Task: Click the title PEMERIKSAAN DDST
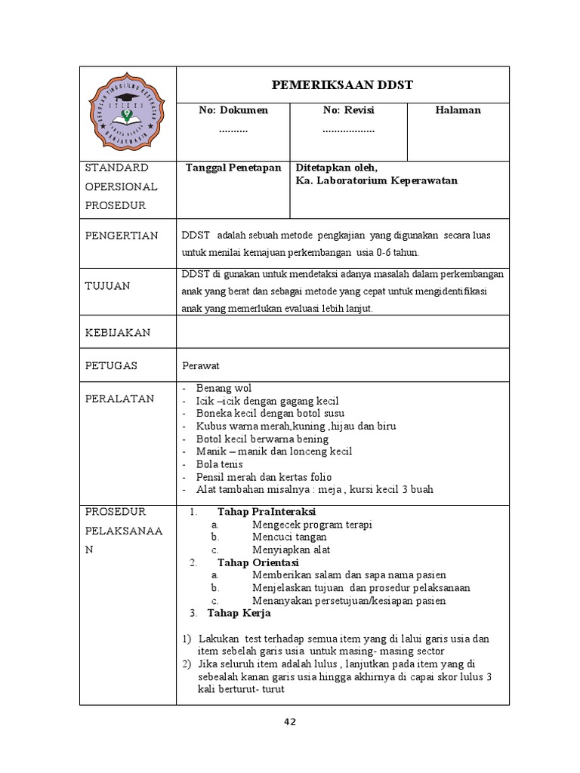tap(342, 85)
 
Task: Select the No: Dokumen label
tap(233, 110)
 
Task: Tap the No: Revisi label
tap(349, 110)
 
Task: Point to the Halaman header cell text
tap(458, 110)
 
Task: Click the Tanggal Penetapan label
tap(233, 168)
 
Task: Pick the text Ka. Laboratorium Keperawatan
tap(377, 180)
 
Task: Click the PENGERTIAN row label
tap(122, 236)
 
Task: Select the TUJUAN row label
tap(107, 285)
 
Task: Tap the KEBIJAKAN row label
tap(117, 332)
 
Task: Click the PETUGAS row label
tap(111, 365)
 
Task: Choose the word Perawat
tap(200, 365)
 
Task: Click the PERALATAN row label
tap(119, 398)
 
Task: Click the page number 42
tap(290, 722)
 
